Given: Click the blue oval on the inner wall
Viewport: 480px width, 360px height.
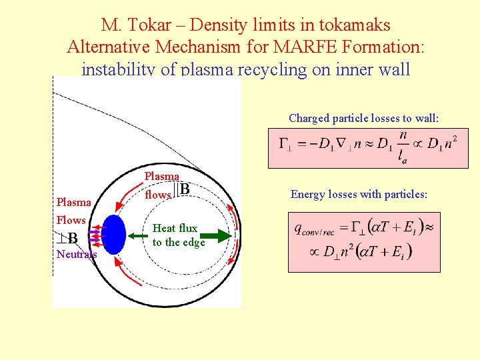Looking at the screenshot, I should (115, 235).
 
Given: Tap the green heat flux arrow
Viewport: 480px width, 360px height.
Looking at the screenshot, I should (214, 235).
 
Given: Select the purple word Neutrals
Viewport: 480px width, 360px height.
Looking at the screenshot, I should (76, 254).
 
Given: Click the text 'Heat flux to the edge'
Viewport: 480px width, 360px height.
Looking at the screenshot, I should (178, 235).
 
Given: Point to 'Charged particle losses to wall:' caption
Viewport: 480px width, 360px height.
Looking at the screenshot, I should (364, 119).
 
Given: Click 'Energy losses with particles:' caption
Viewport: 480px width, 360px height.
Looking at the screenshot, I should (359, 195).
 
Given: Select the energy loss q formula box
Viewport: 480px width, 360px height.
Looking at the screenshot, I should (364, 241).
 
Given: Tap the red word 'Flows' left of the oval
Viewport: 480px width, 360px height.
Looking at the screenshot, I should (71, 220).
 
